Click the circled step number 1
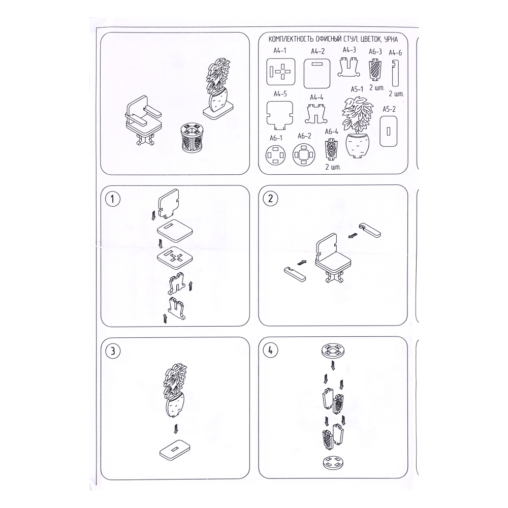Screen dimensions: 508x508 click(112, 199)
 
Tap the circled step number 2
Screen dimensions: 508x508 click(271, 198)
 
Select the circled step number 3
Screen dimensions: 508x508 click(112, 351)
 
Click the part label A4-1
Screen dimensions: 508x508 click(279, 50)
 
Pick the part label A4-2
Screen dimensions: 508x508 click(317, 51)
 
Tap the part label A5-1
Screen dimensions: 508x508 click(357, 89)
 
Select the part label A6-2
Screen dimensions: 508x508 click(304, 136)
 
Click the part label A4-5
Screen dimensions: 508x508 click(280, 94)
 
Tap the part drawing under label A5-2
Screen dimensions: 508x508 click(389, 131)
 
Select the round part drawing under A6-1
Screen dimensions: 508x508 click(276, 154)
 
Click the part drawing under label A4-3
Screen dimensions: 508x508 click(349, 67)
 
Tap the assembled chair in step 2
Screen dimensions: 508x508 click(332, 257)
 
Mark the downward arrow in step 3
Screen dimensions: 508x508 click(176, 428)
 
